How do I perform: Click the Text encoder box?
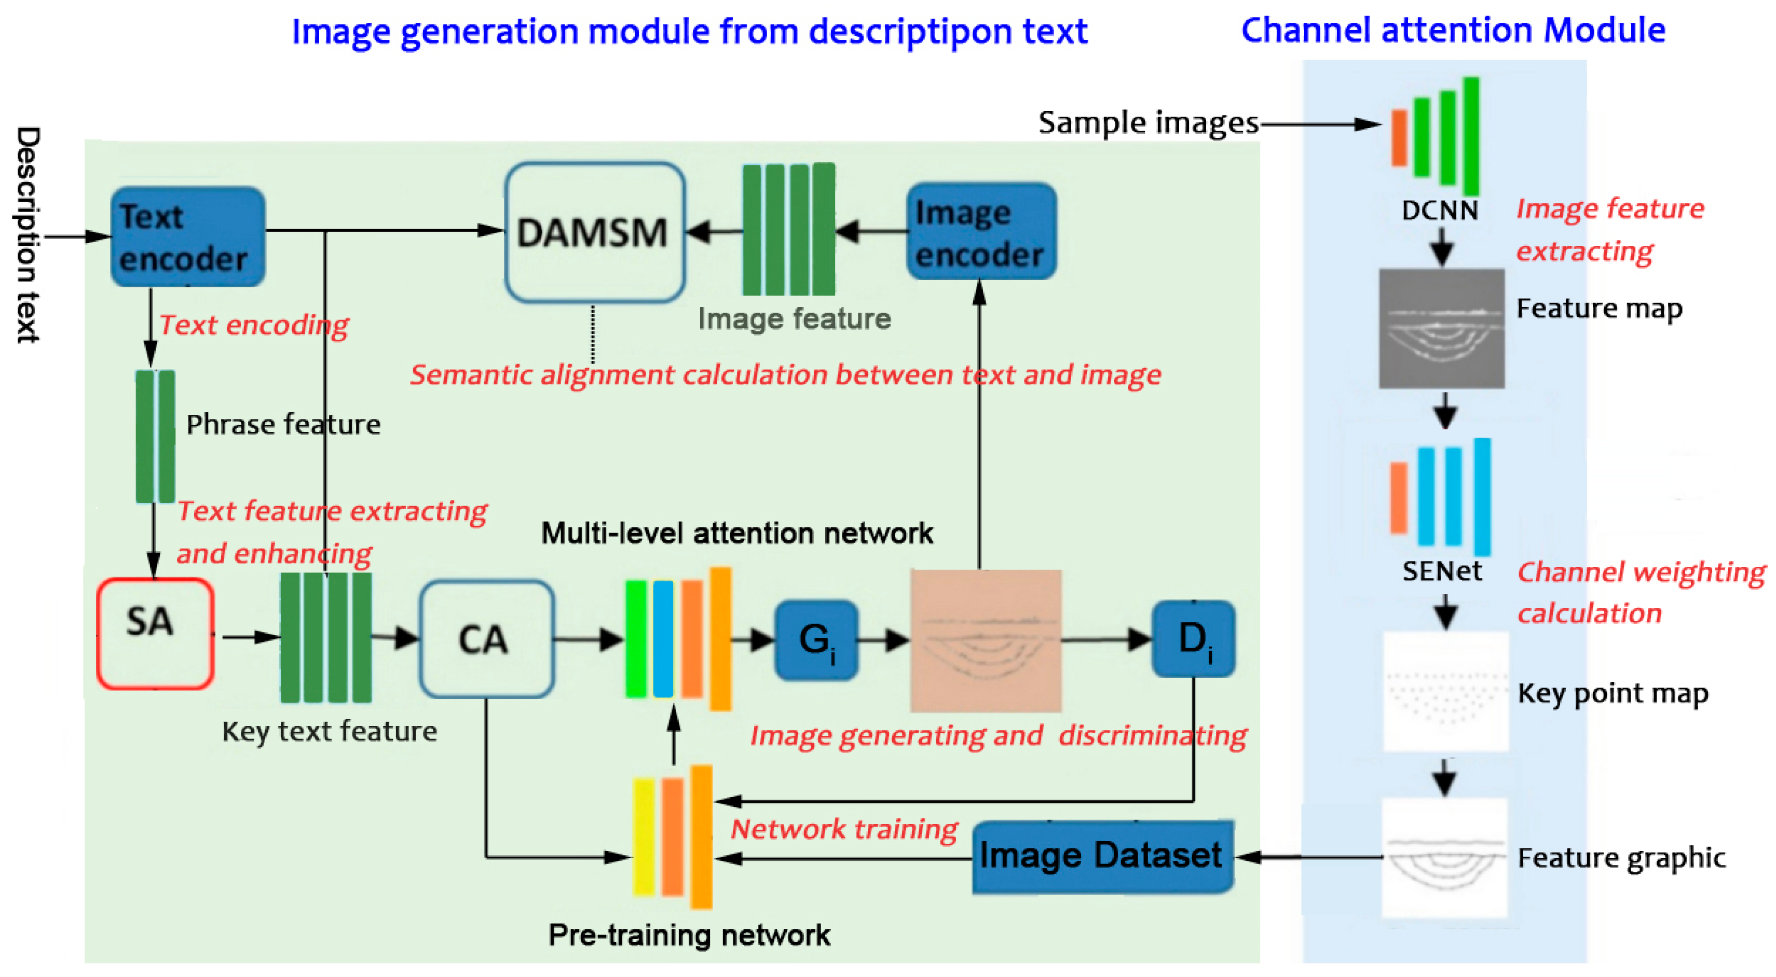187,236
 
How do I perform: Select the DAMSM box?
594,232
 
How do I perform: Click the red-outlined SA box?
155,633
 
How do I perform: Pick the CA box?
486,639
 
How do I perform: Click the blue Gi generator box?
816,640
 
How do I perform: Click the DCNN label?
1440,210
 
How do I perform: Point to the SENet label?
1442,571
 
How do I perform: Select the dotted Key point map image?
1445,691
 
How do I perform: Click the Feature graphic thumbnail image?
1444,858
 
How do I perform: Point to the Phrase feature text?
283,424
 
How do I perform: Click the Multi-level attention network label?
736,533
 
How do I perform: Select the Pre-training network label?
689,935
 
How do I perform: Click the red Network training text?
844,829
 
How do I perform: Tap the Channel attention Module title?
1453,30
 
